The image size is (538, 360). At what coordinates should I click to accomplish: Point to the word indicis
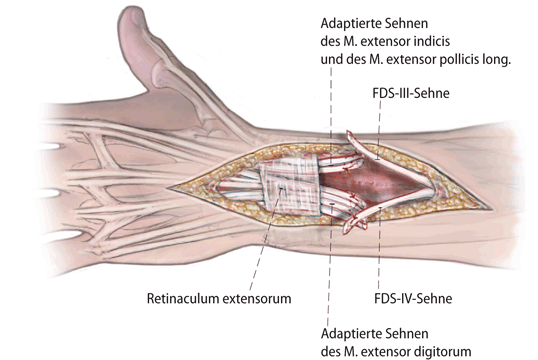coord(449,40)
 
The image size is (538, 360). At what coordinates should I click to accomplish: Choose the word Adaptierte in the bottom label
coord(355,333)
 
